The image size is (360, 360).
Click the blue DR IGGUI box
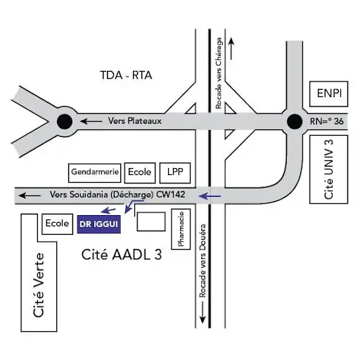[x=99, y=224]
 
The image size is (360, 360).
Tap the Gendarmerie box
[x=95, y=173]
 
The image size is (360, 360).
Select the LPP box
[x=175, y=173]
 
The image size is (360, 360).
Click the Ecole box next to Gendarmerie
[x=140, y=173]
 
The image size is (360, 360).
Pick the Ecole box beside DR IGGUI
[x=58, y=224]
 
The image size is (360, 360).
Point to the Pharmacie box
[x=181, y=229]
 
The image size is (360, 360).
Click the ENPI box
[x=329, y=94]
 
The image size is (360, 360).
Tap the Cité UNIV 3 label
[x=328, y=169]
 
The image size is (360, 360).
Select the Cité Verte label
[x=39, y=285]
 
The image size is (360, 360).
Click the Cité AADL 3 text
[x=122, y=255]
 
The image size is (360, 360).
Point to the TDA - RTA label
[x=126, y=75]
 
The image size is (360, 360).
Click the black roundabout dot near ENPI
[x=295, y=122]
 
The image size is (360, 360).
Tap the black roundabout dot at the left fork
[x=65, y=122]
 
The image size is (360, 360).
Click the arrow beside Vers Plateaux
[x=91, y=122]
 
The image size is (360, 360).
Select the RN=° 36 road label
[x=327, y=122]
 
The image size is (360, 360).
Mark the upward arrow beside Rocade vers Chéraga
[x=231, y=49]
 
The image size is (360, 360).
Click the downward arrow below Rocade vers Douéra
[x=202, y=312]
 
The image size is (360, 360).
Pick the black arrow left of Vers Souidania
[x=30, y=195]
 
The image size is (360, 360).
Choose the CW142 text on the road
[x=171, y=195]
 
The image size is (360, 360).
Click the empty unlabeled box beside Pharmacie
[x=151, y=221]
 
